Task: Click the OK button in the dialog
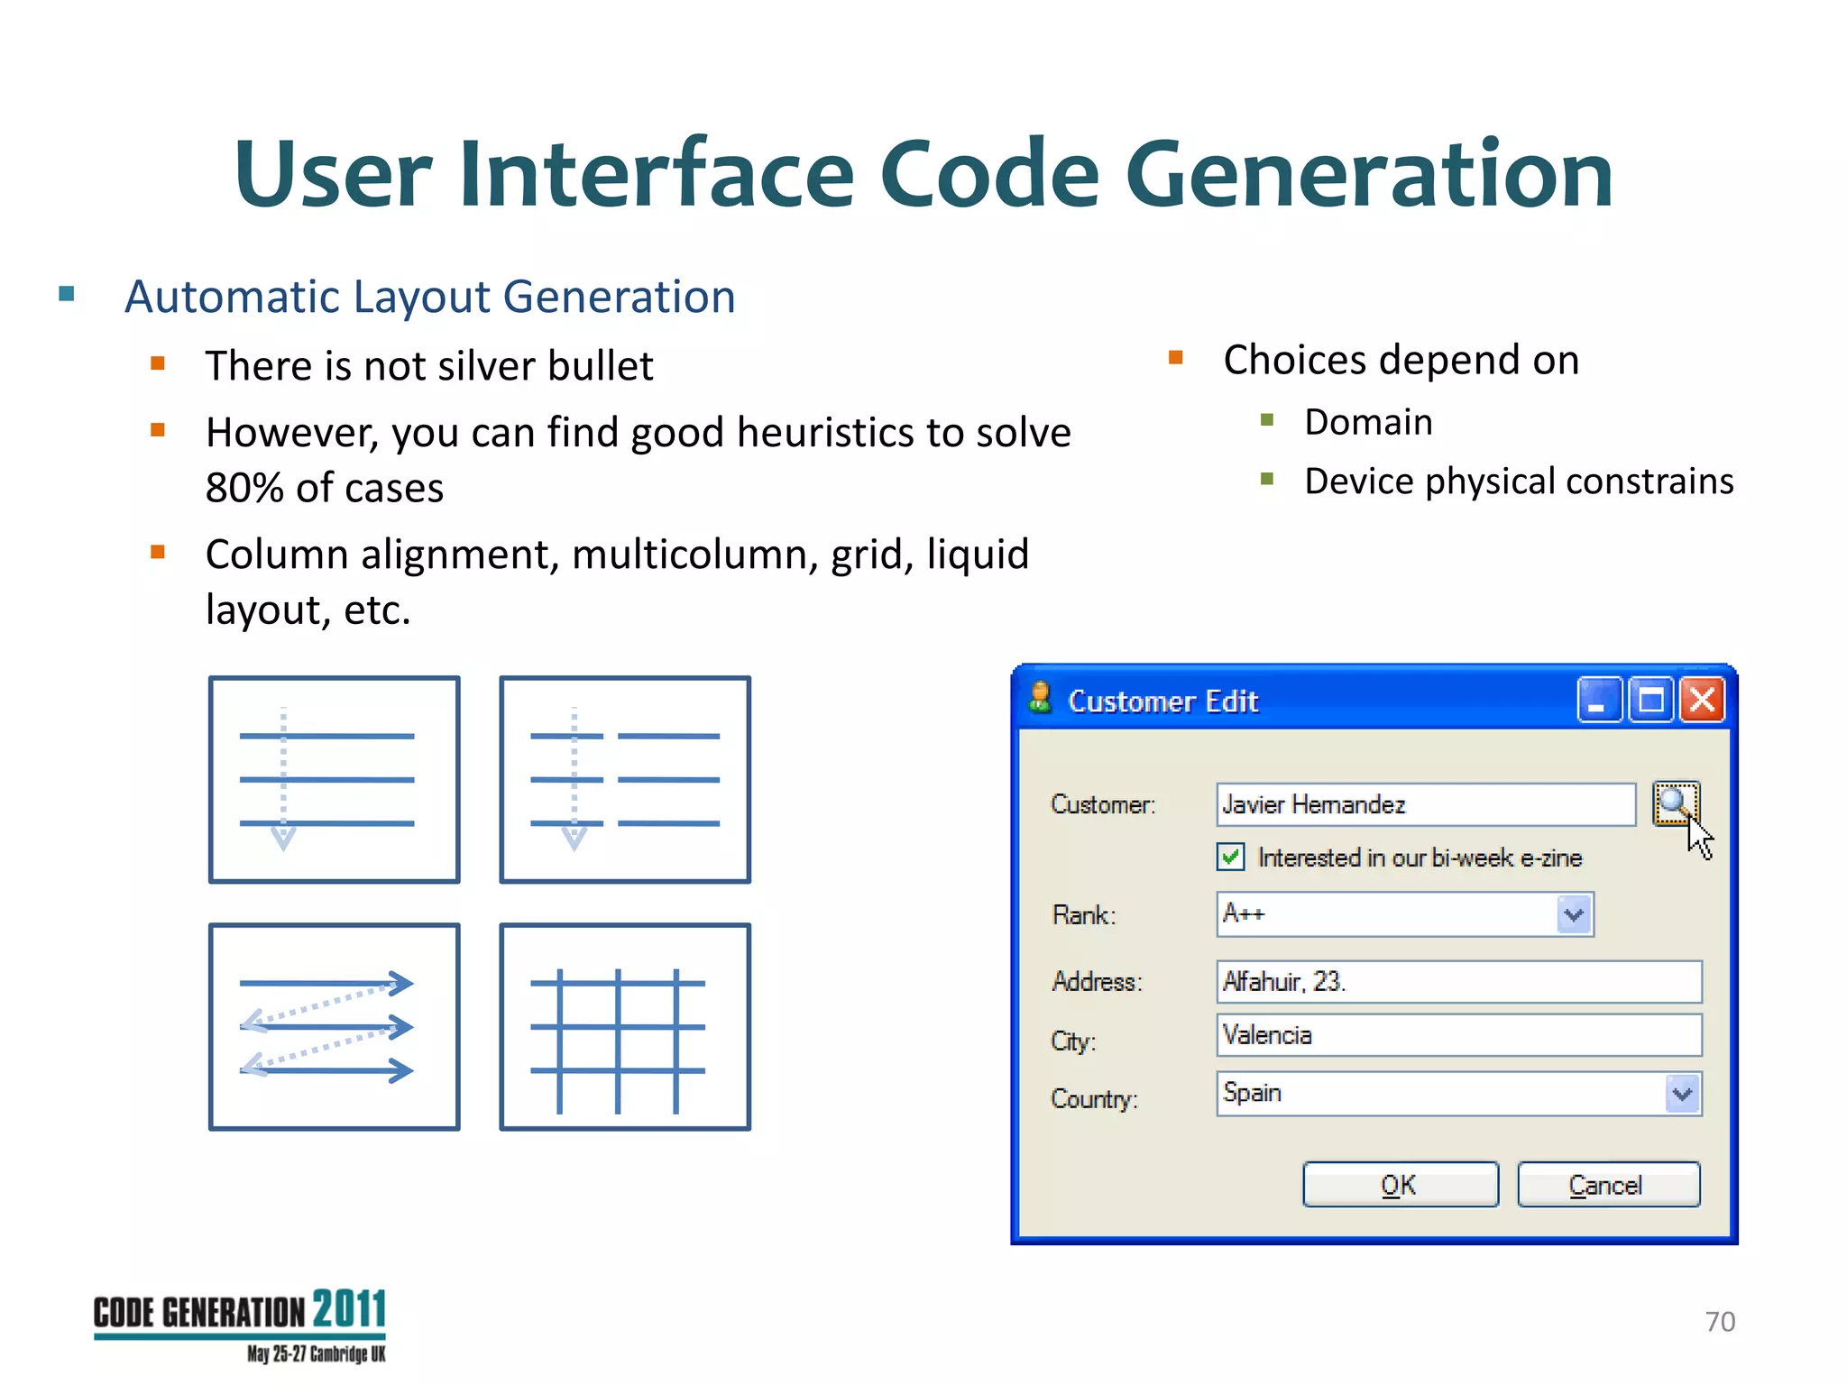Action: [x=1400, y=1184]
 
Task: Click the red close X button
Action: [x=1702, y=700]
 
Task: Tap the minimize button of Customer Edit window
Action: [x=1599, y=700]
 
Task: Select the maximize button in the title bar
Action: [x=1650, y=700]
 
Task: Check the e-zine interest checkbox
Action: [x=1230, y=857]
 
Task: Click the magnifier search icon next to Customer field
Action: [x=1675, y=803]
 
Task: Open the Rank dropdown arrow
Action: [x=1575, y=914]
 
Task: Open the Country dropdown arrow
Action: [x=1682, y=1094]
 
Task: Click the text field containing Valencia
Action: [x=1457, y=1035]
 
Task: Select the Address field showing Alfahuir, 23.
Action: [x=1457, y=981]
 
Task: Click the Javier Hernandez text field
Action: [x=1425, y=804]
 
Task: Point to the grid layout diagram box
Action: [x=625, y=1026]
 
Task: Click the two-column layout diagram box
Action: [x=625, y=779]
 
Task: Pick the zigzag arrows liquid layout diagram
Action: [x=334, y=1026]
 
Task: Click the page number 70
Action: [x=1720, y=1321]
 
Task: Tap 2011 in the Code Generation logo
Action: [x=349, y=1309]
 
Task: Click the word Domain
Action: [x=1368, y=422]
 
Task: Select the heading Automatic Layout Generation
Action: [x=429, y=297]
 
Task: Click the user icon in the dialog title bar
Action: [x=1040, y=697]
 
